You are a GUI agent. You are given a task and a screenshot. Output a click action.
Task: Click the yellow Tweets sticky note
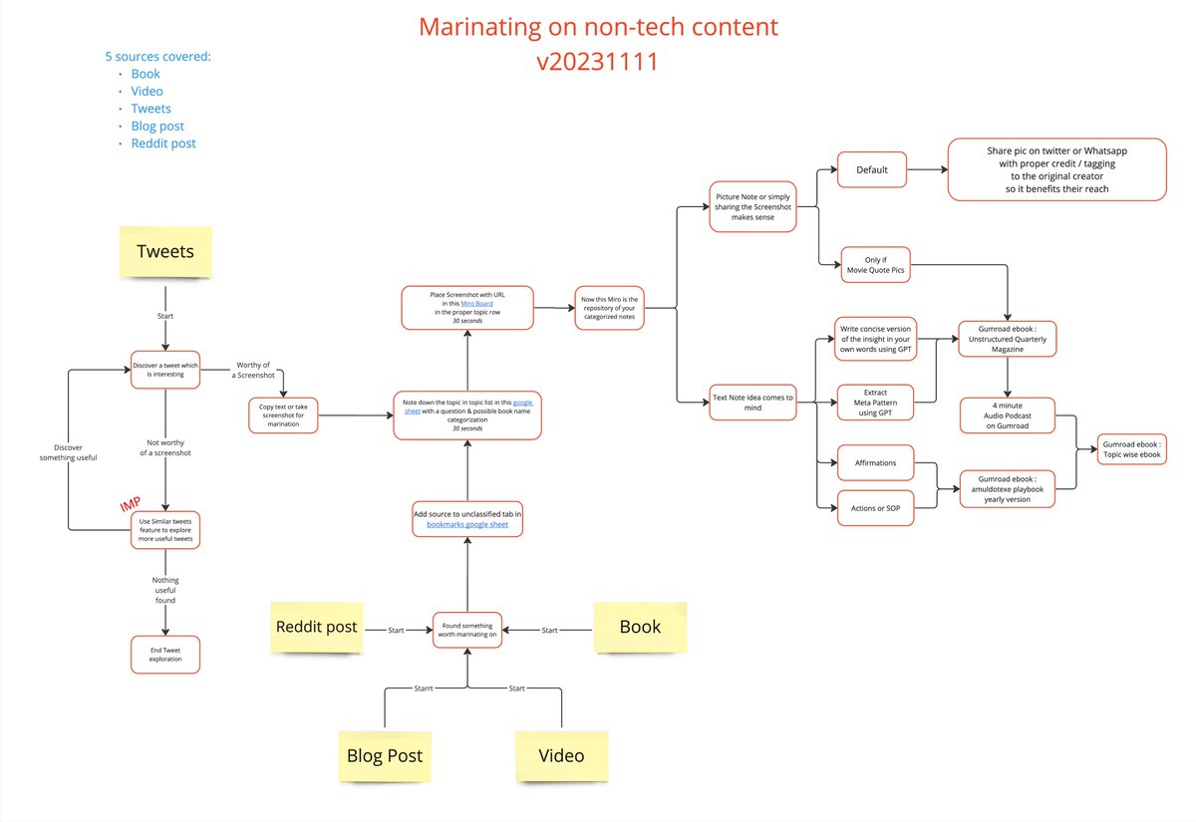tap(165, 251)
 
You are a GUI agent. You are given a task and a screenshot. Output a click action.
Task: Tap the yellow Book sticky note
tap(639, 627)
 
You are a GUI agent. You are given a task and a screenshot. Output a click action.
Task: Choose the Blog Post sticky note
tap(385, 755)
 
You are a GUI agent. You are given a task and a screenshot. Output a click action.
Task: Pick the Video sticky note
tap(560, 755)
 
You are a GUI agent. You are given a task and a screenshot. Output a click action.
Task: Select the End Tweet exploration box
tap(165, 654)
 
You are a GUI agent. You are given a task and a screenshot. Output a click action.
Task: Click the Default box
tap(871, 169)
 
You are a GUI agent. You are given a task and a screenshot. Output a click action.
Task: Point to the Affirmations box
tap(875, 463)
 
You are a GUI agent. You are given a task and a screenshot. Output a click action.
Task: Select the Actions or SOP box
tap(875, 508)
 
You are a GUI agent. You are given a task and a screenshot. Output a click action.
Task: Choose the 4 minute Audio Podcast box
tap(1008, 415)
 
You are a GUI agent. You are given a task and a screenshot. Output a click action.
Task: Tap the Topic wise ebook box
tap(1131, 448)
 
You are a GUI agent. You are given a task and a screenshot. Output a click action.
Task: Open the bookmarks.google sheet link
tap(466, 523)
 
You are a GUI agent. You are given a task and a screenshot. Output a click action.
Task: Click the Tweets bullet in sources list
tap(150, 109)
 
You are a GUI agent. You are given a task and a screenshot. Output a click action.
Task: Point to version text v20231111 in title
tap(598, 62)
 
